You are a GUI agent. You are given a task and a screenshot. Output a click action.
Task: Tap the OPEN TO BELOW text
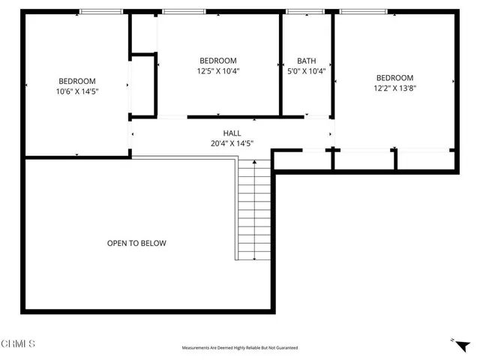tap(136, 243)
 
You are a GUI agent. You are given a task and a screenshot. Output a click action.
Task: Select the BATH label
tap(306, 61)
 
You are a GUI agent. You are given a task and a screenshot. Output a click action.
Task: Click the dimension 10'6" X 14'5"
tap(77, 91)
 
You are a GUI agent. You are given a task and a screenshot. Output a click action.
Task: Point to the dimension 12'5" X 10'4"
tap(218, 71)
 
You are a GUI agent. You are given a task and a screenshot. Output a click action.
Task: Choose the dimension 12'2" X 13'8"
tap(394, 88)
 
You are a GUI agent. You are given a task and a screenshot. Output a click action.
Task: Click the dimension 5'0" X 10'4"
tap(306, 71)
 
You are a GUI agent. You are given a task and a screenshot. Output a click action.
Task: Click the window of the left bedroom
tap(101, 11)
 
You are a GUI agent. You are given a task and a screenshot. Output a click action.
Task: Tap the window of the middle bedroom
tap(184, 11)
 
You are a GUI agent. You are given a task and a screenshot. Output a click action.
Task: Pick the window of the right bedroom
tap(364, 11)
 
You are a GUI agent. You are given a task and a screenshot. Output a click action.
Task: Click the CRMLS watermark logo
tap(18, 344)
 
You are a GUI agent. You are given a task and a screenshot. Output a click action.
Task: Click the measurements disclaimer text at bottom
tap(239, 348)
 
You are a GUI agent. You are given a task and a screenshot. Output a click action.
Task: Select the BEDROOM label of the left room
tap(77, 81)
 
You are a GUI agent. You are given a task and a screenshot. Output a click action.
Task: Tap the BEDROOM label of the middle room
tap(218, 61)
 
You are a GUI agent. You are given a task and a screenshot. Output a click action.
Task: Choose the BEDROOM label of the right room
tap(394, 77)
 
